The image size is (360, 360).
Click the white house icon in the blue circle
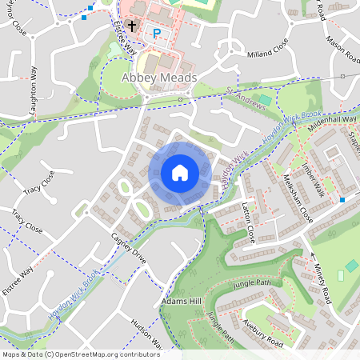click(x=180, y=173)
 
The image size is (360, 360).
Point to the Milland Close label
click(x=269, y=50)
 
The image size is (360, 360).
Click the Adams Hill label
click(x=181, y=302)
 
